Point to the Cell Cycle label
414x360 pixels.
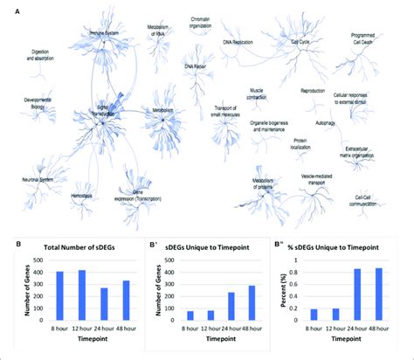(x=299, y=39)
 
